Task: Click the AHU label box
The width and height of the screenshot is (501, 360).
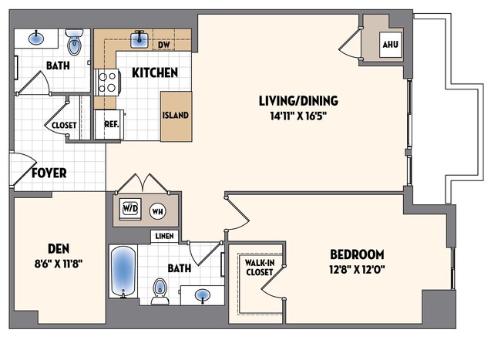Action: tap(391, 45)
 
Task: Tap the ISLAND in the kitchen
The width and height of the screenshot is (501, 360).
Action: tap(176, 116)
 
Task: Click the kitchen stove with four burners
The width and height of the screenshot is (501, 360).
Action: tap(106, 80)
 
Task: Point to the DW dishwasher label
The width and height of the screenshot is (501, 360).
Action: tap(163, 45)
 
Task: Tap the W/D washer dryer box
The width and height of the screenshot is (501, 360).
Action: tap(128, 208)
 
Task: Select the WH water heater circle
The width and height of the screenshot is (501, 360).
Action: tap(156, 210)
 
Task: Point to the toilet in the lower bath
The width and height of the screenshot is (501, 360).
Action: tap(160, 290)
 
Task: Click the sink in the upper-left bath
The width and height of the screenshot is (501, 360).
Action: tap(36, 37)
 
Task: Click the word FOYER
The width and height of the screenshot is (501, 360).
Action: tap(49, 173)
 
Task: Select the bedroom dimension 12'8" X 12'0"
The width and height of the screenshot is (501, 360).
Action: tap(357, 269)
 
